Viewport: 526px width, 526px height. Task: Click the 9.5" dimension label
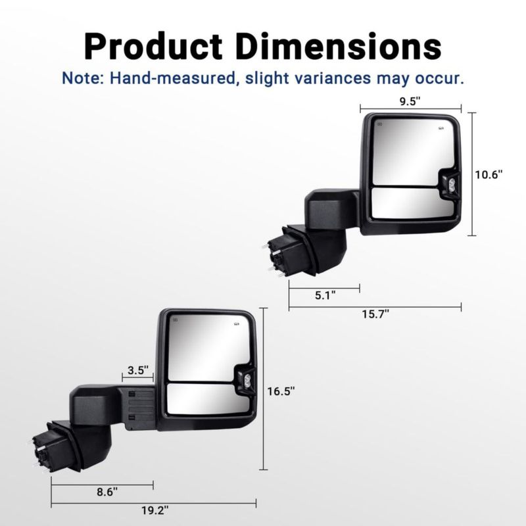pos(410,101)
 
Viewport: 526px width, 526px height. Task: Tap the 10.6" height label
pos(489,174)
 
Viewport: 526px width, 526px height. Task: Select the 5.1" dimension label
pos(325,295)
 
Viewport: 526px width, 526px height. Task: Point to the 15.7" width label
pos(375,314)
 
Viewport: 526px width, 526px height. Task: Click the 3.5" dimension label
pos(138,370)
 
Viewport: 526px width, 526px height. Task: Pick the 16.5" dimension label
pos(281,391)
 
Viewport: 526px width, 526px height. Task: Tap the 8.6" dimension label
pos(107,492)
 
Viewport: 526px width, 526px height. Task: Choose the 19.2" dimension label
pos(155,511)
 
